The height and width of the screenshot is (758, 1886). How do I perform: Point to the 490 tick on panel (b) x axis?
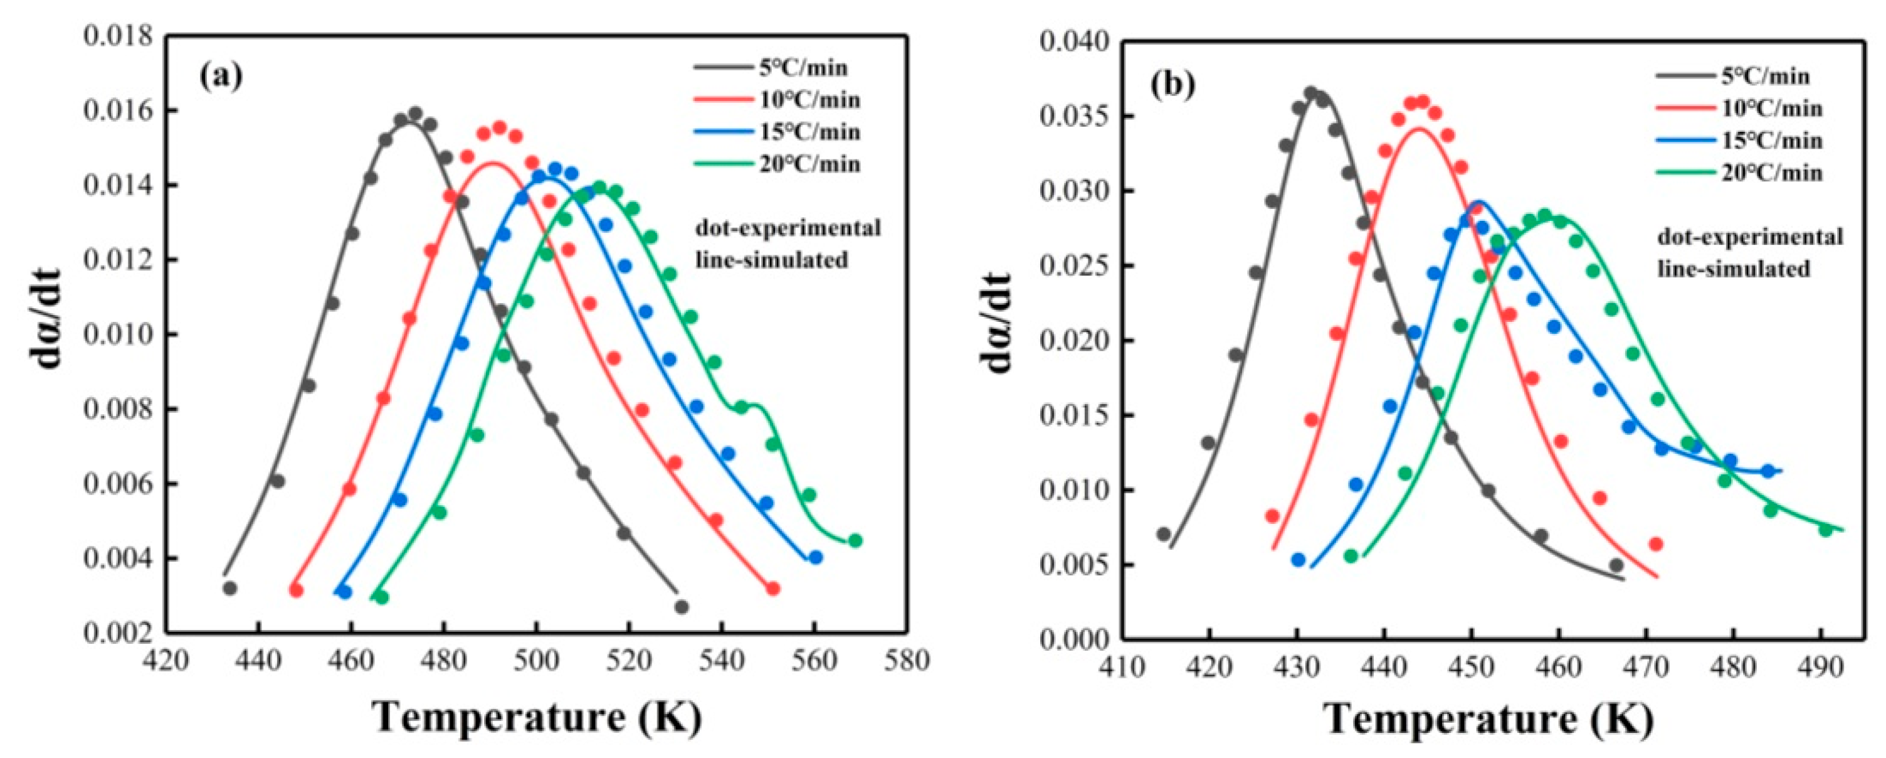[1821, 667]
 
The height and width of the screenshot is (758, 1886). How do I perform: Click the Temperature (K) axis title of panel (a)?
[538, 719]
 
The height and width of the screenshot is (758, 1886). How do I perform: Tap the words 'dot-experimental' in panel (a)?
[788, 228]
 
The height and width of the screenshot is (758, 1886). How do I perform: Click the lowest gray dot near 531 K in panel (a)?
[682, 606]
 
